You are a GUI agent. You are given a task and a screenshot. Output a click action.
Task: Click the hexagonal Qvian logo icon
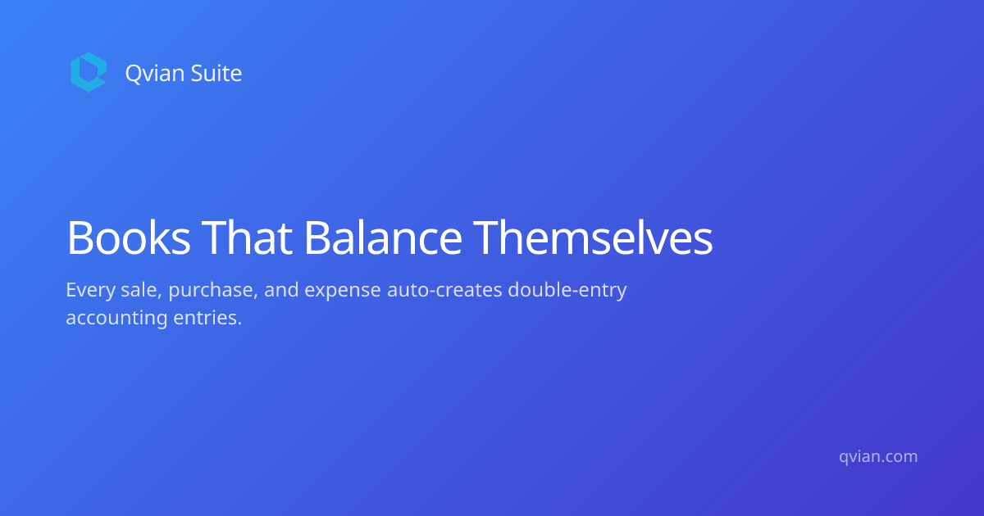pyautogui.click(x=89, y=72)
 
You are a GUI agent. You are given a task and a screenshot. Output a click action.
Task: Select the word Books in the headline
pyautogui.click(x=128, y=238)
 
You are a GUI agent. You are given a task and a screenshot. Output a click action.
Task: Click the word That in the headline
pyautogui.click(x=247, y=238)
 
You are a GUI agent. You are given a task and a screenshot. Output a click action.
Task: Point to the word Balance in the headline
pyautogui.click(x=383, y=238)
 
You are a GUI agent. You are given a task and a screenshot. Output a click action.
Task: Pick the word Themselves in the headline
pyautogui.click(x=593, y=238)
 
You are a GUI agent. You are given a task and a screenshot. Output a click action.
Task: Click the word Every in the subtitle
pyautogui.click(x=90, y=291)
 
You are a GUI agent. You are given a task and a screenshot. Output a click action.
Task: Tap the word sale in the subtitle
pyautogui.click(x=141, y=291)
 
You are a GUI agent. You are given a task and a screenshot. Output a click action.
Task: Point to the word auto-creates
pyautogui.click(x=444, y=291)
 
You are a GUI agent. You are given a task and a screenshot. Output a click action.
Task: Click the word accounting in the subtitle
pyautogui.click(x=116, y=319)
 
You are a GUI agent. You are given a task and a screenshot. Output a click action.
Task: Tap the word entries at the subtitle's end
pyautogui.click(x=207, y=318)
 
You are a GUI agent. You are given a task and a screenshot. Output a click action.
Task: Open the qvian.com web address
pyautogui.click(x=878, y=457)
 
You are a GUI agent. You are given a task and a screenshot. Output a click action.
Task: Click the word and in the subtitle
pyautogui.click(x=281, y=290)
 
